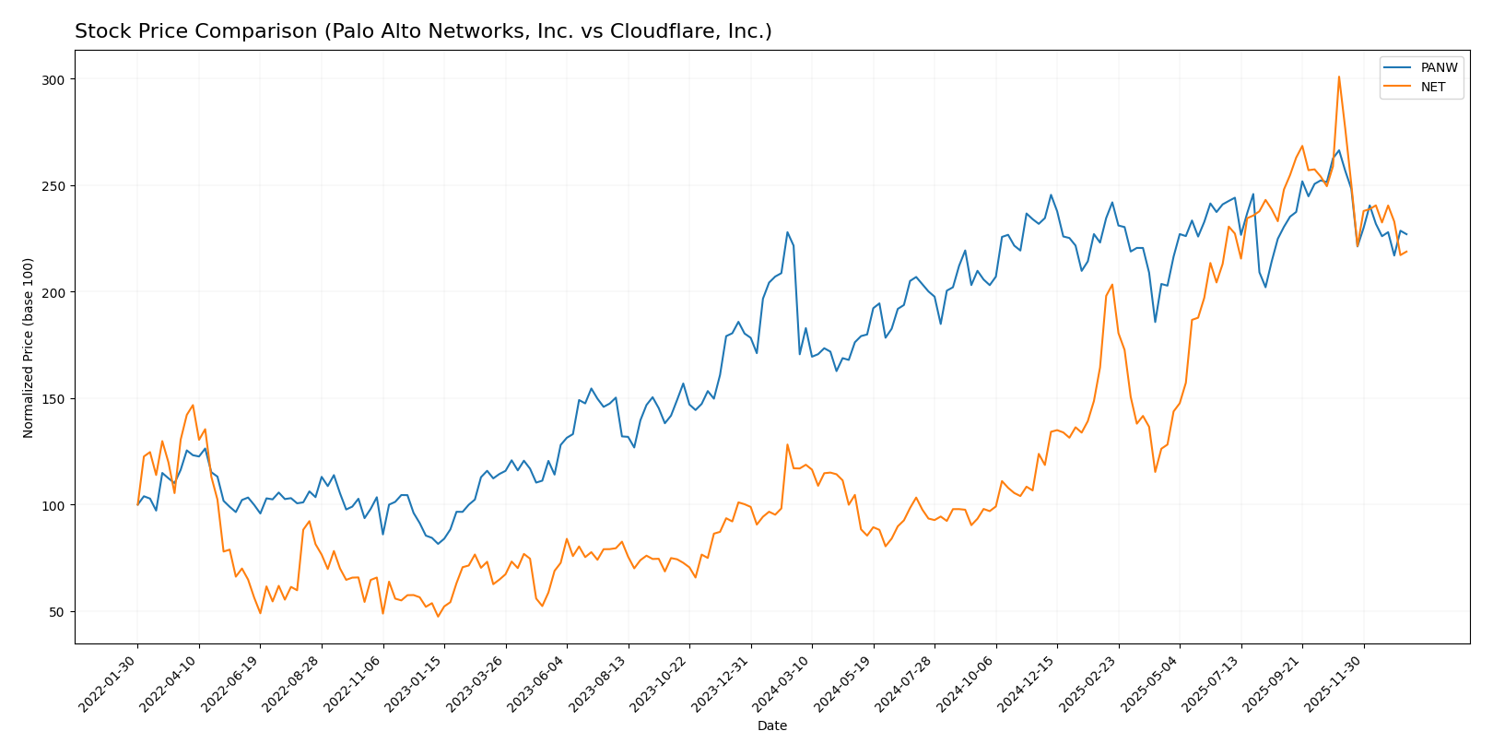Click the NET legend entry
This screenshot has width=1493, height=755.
tap(1433, 88)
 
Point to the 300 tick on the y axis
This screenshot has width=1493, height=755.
tap(53, 80)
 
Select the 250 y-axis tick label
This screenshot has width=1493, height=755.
tap(53, 186)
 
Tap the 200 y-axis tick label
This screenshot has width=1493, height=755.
tap(53, 293)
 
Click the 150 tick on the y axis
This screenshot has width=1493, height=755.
tap(53, 399)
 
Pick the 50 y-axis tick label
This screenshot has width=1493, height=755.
tap(57, 612)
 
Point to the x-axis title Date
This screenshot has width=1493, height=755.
tap(772, 726)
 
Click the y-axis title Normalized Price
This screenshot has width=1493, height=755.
tap(29, 348)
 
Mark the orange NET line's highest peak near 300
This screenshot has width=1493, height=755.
tap(1338, 77)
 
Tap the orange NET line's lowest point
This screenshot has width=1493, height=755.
tap(438, 616)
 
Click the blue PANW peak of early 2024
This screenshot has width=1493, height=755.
tap(787, 232)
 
